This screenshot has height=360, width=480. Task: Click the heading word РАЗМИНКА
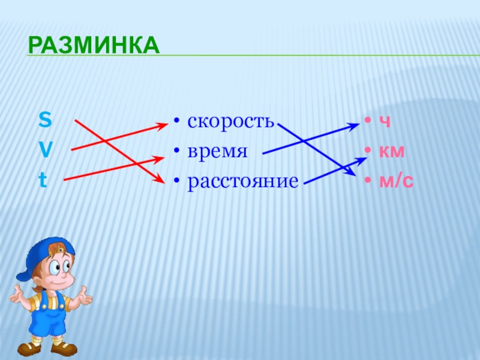(94, 46)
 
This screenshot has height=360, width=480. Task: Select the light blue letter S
(45, 119)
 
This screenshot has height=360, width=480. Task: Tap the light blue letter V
(46, 149)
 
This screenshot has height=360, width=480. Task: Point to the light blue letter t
(43, 179)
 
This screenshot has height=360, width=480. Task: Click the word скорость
(230, 121)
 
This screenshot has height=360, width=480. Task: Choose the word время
(217, 151)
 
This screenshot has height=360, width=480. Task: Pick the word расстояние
(243, 182)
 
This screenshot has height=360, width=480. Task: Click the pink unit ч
(385, 122)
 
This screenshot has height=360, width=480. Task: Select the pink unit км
(392, 151)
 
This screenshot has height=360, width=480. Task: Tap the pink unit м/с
(397, 181)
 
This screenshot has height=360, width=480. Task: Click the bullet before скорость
(176, 121)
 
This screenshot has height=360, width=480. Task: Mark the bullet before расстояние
(176, 181)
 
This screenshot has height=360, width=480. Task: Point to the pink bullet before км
(368, 151)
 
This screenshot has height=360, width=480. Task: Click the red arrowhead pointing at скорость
(163, 125)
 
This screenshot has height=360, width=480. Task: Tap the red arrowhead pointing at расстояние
(160, 179)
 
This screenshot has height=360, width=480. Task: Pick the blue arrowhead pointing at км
(361, 160)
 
